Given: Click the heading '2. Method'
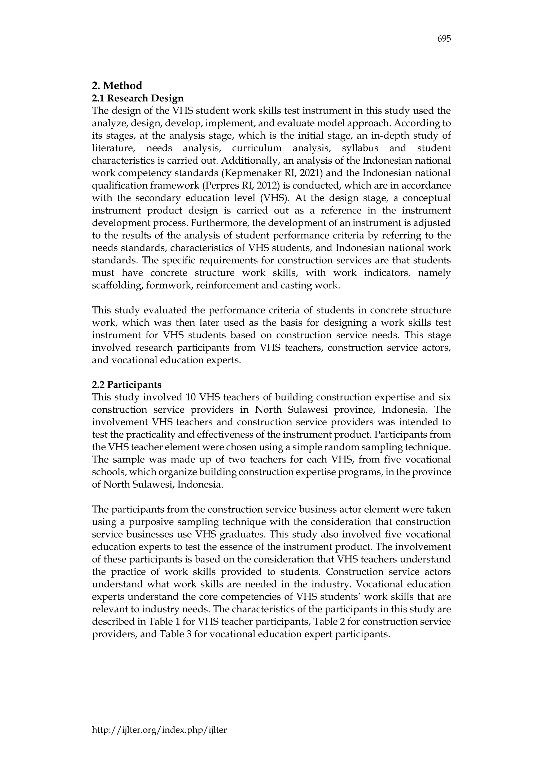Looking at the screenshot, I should (117, 86).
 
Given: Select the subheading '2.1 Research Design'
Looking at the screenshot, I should (138, 98).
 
